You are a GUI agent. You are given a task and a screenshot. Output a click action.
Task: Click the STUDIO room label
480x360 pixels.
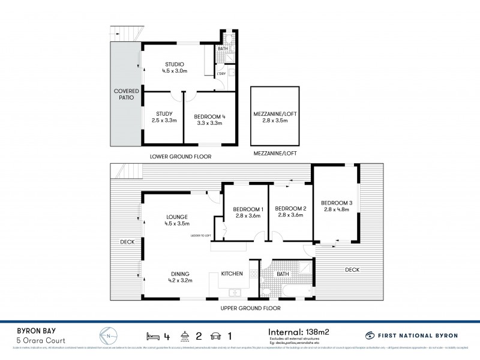174,64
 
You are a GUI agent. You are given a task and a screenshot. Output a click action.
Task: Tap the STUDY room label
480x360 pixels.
164,114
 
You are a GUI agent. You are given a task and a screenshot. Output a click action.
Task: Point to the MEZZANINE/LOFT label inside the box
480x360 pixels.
275,113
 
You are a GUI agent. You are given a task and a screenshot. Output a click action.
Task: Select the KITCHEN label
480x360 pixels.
232,274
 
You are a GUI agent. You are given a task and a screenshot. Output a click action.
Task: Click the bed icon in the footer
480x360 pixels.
152,335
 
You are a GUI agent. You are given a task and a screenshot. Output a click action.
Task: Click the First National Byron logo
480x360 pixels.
413,335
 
